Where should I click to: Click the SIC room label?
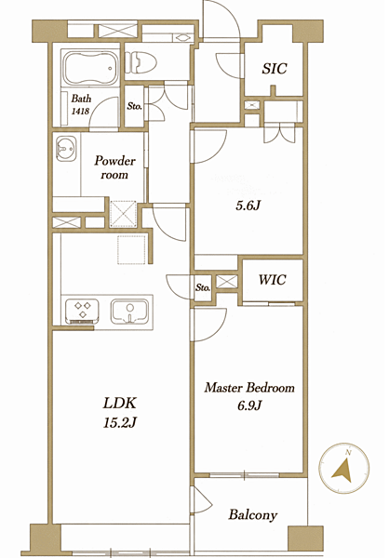pyautogui.click(x=275, y=68)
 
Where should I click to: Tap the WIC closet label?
pyautogui.click(x=272, y=280)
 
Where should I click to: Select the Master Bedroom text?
pyautogui.click(x=249, y=388)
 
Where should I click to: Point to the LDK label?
pyautogui.click(x=120, y=404)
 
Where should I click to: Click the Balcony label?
pyautogui.click(x=253, y=514)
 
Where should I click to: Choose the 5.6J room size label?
pyautogui.click(x=248, y=206)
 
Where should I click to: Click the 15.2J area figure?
pyautogui.click(x=120, y=423)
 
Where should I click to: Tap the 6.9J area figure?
pyautogui.click(x=249, y=405)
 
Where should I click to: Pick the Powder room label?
pyautogui.click(x=114, y=167)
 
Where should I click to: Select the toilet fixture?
pyautogui.click(x=141, y=62)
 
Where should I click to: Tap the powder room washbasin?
pyautogui.click(x=66, y=149)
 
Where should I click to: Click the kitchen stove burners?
pyautogui.click(x=82, y=310)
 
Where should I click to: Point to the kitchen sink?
pyautogui.click(x=129, y=312)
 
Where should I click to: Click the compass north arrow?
pyautogui.click(x=343, y=470)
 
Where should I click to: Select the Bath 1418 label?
pyautogui.click(x=81, y=104)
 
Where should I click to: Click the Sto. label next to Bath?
pyautogui.click(x=135, y=106)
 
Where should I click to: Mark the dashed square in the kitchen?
pyautogui.click(x=132, y=249)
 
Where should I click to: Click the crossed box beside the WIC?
pyautogui.click(x=226, y=281)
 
